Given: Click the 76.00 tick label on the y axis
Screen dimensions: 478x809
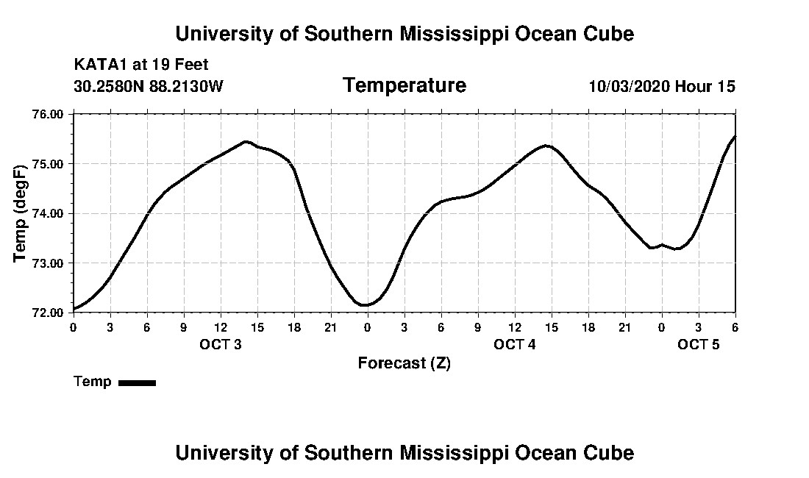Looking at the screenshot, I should click(49, 114).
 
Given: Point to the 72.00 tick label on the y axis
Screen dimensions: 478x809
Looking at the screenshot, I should click(49, 313).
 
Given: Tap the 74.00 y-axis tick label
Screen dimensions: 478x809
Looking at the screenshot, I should click(49, 213).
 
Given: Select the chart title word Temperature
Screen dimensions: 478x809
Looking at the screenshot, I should click(404, 85).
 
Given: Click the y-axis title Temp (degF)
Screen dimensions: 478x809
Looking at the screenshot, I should click(21, 213).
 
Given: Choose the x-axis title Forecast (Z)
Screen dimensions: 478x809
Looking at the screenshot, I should click(404, 363).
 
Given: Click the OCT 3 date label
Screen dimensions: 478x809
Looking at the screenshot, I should click(221, 344).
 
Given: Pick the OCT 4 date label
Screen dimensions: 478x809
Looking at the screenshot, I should click(514, 344).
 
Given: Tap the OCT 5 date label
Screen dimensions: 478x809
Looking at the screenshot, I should click(698, 344).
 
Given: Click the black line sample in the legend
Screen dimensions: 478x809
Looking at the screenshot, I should click(137, 382).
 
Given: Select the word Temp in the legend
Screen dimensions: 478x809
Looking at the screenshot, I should click(93, 382).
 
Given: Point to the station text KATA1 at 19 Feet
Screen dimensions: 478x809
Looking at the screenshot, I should click(141, 65).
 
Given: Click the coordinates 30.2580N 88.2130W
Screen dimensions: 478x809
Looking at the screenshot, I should click(149, 86).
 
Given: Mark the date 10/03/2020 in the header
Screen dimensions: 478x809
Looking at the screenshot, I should click(629, 86).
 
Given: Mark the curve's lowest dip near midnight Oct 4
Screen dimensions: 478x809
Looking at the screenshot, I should click(365, 304).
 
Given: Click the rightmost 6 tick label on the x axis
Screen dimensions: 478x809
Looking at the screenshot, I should click(735, 327).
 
